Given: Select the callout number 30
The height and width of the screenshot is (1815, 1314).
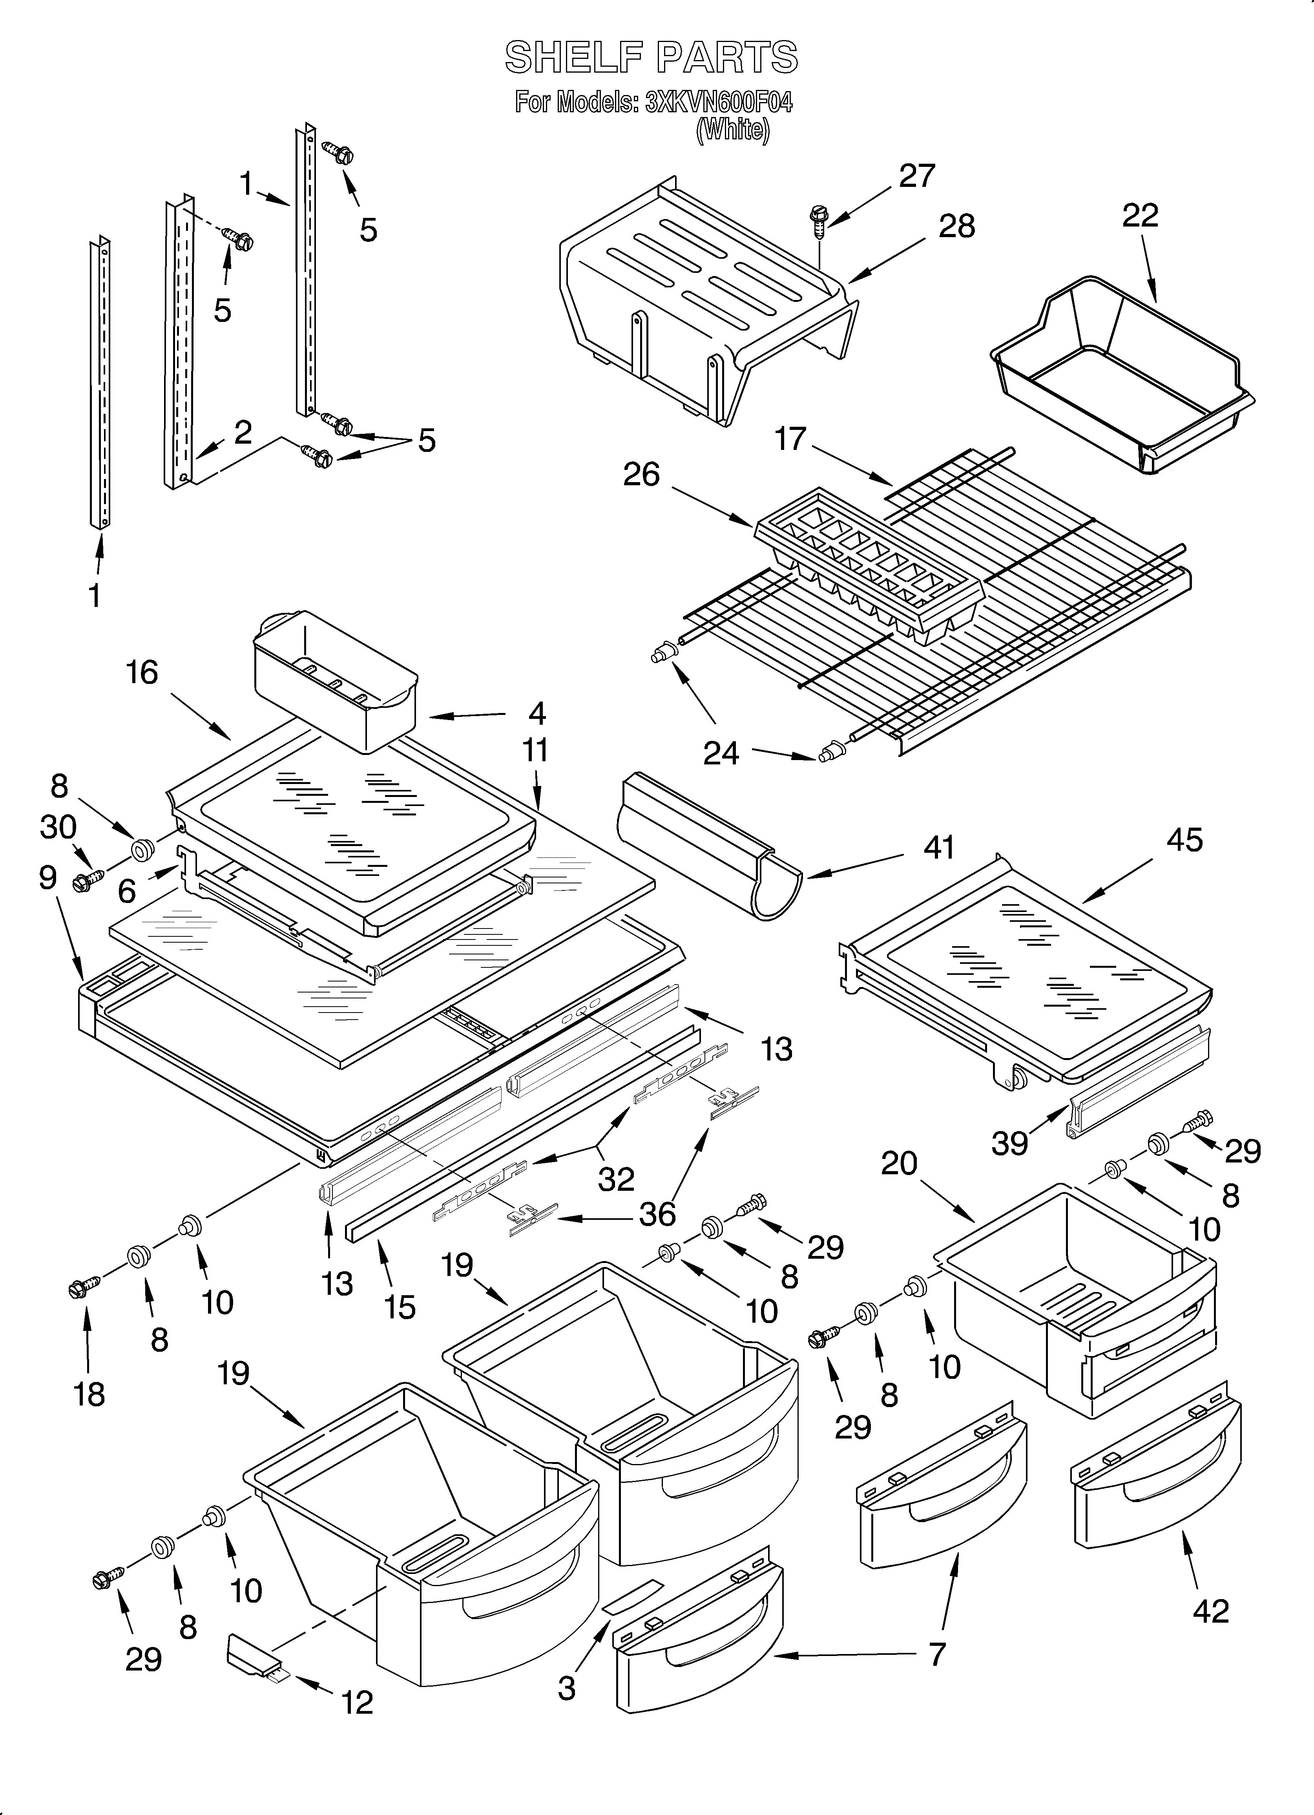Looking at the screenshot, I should point(58,828).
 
